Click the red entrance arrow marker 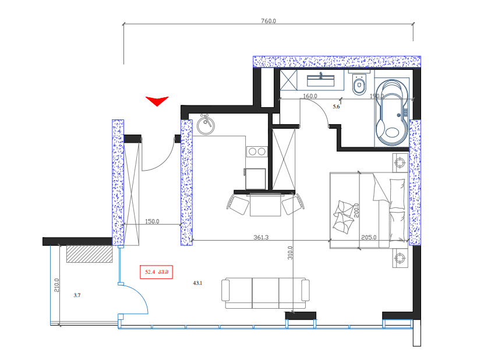coord(157,101)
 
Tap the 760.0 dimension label coord(268,20)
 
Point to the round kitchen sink coord(204,125)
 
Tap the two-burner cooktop coord(257,151)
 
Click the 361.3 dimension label coord(261,237)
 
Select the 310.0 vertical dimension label coord(290,253)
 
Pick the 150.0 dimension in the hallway coord(152,221)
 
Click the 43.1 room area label coord(197,283)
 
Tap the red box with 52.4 coord(157,271)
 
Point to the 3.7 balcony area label coord(77,296)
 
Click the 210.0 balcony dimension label coord(56,285)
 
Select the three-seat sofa coord(265,293)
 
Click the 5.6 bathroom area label coord(335,107)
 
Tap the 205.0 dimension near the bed coord(369,237)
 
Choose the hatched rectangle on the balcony coord(89,253)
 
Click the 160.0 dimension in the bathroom coord(309,96)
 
